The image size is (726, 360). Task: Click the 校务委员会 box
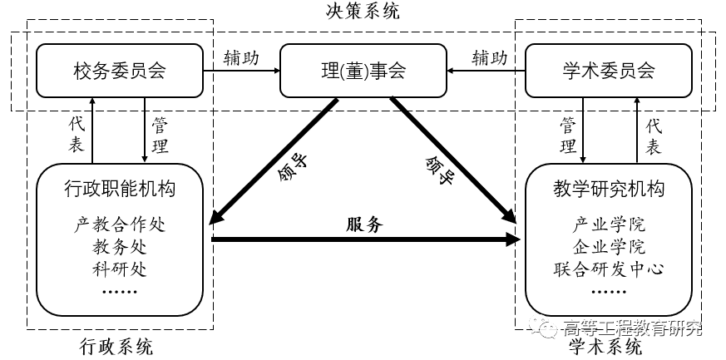(x=120, y=71)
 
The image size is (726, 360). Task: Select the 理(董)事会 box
(x=363, y=71)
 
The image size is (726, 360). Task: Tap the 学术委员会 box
(x=608, y=71)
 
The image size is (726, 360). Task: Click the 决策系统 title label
(x=363, y=12)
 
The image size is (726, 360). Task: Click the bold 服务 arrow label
(x=364, y=224)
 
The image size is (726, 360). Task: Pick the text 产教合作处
(x=120, y=225)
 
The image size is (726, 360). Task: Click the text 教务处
(x=120, y=247)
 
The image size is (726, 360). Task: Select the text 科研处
(x=120, y=268)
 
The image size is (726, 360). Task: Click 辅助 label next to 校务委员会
(x=241, y=58)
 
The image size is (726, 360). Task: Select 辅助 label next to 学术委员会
(x=489, y=58)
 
